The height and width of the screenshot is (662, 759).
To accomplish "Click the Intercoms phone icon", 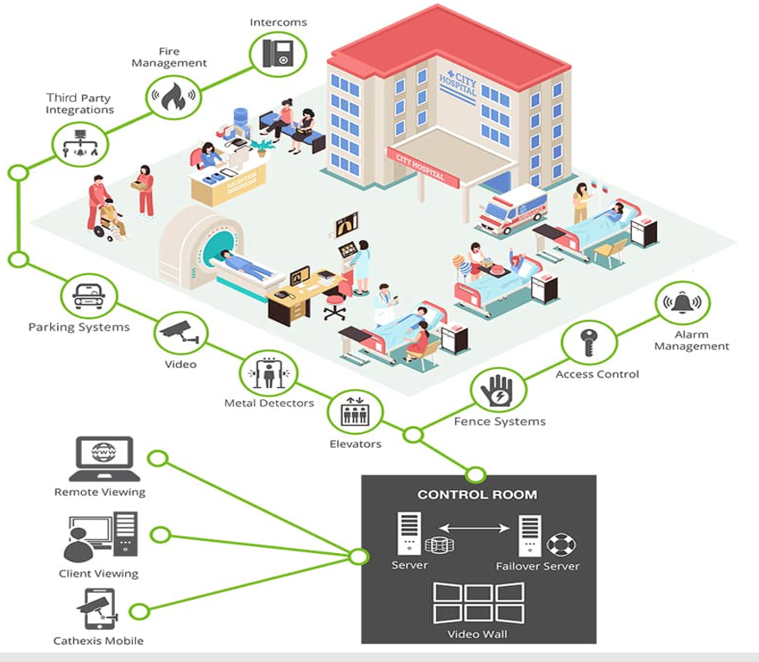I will pyautogui.click(x=279, y=53).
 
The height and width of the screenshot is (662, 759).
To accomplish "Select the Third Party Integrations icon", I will pyautogui.click(x=79, y=143).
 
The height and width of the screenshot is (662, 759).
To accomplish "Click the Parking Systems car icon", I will pyautogui.click(x=88, y=296).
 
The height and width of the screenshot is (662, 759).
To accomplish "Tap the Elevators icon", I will pyautogui.click(x=355, y=412).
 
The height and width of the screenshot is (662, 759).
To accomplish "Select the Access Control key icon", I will pyautogui.click(x=589, y=343).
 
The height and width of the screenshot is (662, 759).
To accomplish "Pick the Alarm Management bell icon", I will pyautogui.click(x=682, y=304).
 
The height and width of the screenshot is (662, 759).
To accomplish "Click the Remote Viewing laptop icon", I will pyautogui.click(x=104, y=459).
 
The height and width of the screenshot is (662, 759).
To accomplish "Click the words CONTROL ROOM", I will pyautogui.click(x=477, y=495).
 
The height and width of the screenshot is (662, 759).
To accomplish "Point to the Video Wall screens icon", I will pyautogui.click(x=478, y=602).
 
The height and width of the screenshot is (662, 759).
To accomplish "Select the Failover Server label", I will pyautogui.click(x=537, y=566).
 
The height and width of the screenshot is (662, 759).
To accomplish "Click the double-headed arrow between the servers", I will pyautogui.click(x=470, y=525).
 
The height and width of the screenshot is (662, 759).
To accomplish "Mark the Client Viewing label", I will pyautogui.click(x=98, y=573).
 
